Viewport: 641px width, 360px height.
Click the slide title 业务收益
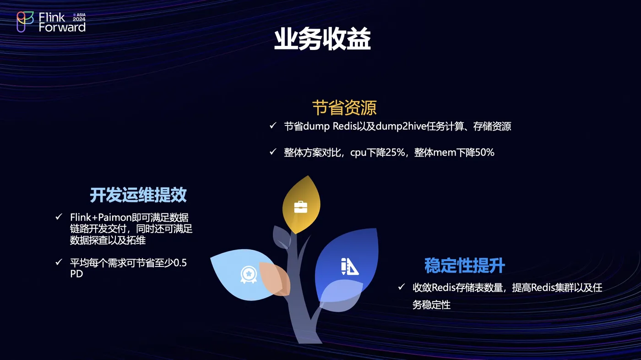[322, 39]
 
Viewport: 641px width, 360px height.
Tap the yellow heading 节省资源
[344, 108]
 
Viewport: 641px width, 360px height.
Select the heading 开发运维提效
[138, 195]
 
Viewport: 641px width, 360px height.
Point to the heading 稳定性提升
[465, 265]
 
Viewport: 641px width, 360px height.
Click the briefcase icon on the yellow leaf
[300, 207]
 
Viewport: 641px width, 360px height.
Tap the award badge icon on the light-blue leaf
[248, 274]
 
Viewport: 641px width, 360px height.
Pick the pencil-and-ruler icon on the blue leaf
[349, 266]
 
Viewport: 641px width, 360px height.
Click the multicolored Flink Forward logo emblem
[25, 22]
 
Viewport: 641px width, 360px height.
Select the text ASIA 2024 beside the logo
[79, 17]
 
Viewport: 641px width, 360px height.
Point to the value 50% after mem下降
[484, 152]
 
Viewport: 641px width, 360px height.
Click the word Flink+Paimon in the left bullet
[101, 218]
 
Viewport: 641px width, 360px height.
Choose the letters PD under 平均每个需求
[76, 274]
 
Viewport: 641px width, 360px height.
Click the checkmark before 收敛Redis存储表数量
[401, 286]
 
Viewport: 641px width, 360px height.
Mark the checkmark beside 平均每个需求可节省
[59, 262]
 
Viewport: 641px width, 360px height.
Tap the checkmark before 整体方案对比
[273, 152]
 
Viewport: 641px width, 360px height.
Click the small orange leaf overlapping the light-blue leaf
[275, 279]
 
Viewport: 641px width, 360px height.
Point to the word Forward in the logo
[62, 27]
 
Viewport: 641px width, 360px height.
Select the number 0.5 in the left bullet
[180, 263]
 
